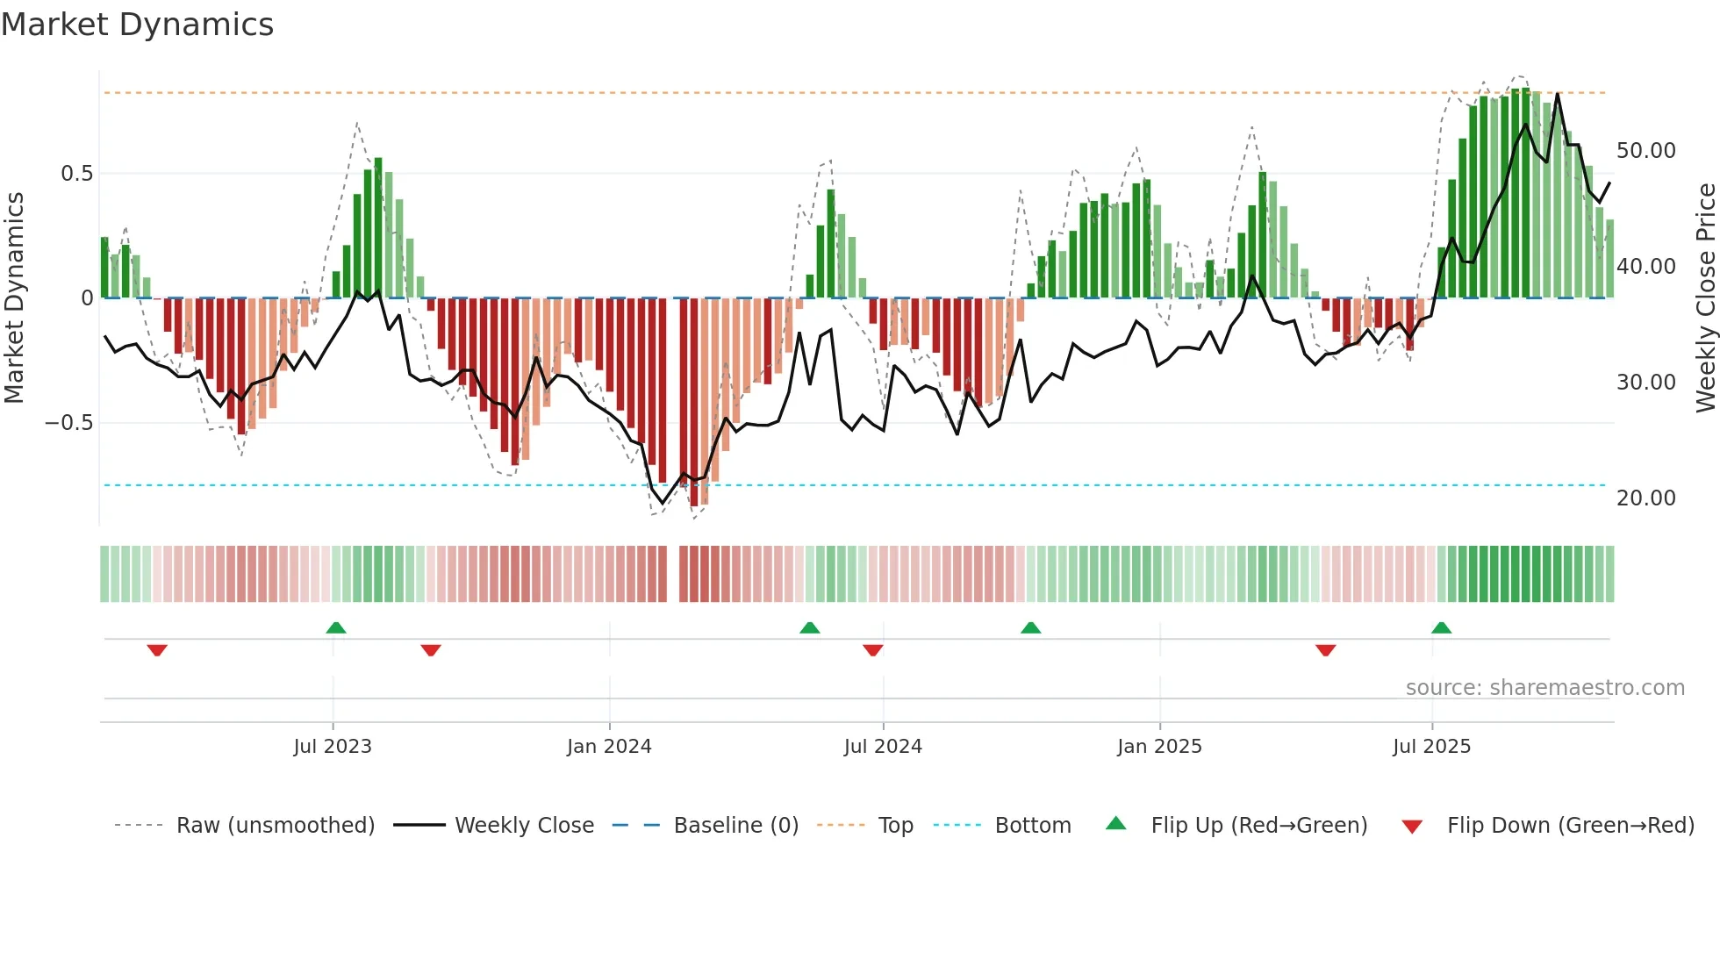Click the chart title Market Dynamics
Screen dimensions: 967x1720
[137, 25]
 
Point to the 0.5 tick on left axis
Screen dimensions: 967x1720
[76, 174]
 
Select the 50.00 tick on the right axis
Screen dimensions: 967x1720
[1645, 151]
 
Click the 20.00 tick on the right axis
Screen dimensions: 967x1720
[1645, 498]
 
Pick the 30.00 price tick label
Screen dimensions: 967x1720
[1645, 383]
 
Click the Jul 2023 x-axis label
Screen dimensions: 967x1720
[333, 747]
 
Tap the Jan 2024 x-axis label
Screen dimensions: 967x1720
[609, 747]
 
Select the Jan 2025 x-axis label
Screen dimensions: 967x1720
[1159, 747]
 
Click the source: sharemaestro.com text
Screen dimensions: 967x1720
[1544, 688]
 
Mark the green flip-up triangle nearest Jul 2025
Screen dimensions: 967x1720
[1441, 627]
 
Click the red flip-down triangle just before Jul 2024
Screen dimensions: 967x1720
[872, 650]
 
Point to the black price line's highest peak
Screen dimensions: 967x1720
[1558, 94]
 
